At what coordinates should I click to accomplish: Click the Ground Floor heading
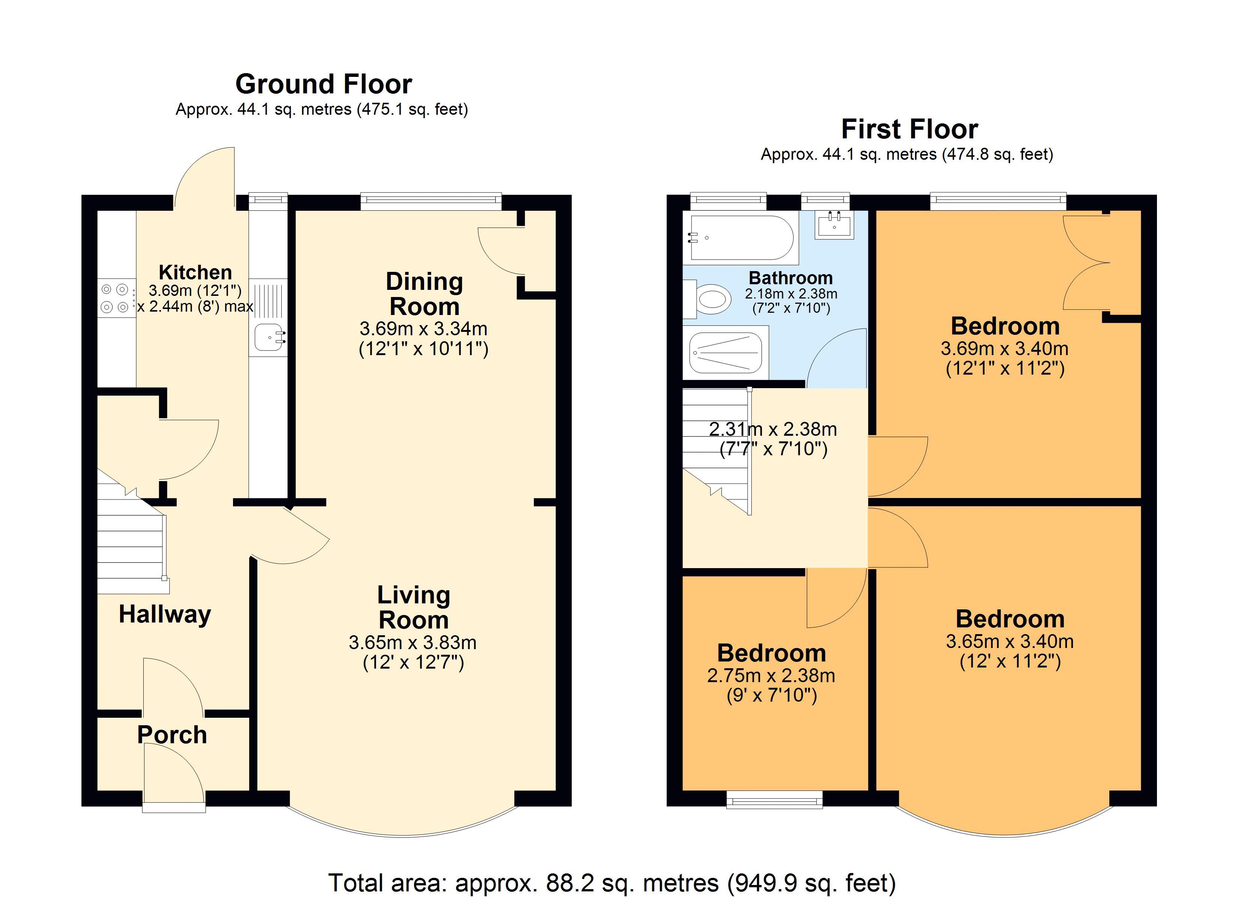point(324,84)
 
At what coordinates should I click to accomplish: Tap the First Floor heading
point(909,129)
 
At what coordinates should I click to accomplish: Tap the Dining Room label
point(425,294)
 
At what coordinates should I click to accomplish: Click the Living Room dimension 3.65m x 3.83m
point(413,642)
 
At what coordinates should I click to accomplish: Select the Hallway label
point(165,614)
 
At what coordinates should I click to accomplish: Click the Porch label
point(172,735)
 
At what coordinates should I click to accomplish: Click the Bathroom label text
point(791,278)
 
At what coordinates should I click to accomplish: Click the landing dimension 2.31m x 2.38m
point(773,429)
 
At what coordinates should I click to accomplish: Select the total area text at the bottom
point(612,882)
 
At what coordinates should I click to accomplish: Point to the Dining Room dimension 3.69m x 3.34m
point(424,328)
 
